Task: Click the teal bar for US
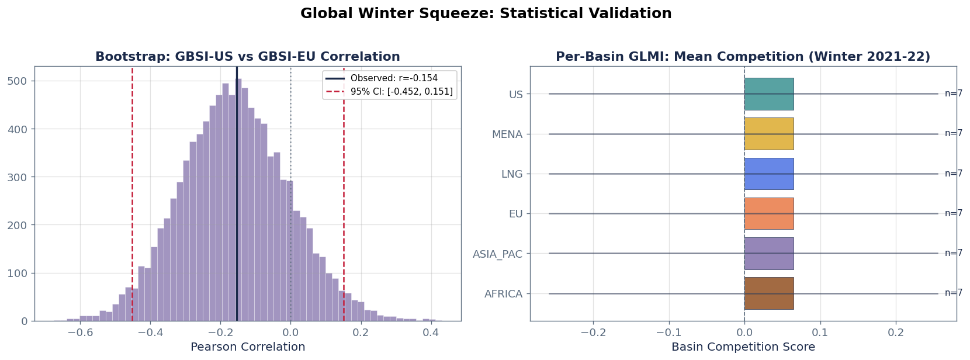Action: [x=768, y=94]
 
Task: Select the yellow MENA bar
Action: [x=768, y=134]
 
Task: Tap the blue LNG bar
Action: [x=768, y=174]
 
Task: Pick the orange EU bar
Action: [x=768, y=213]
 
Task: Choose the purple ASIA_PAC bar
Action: [x=768, y=253]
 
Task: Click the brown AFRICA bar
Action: [x=768, y=293]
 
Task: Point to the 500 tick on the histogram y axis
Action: [x=21, y=81]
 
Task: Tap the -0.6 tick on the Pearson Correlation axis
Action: [x=80, y=333]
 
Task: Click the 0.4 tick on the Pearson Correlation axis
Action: [x=431, y=333]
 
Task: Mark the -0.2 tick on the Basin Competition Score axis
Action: [x=593, y=333]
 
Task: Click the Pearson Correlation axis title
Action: [x=248, y=347]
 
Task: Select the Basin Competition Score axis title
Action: [x=743, y=347]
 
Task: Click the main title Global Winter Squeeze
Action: [x=486, y=13]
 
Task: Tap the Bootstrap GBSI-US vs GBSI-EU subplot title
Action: [x=248, y=57]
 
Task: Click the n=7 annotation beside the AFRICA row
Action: [x=953, y=293]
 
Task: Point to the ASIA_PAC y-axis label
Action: [x=497, y=254]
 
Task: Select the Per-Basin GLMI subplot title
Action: [x=743, y=57]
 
